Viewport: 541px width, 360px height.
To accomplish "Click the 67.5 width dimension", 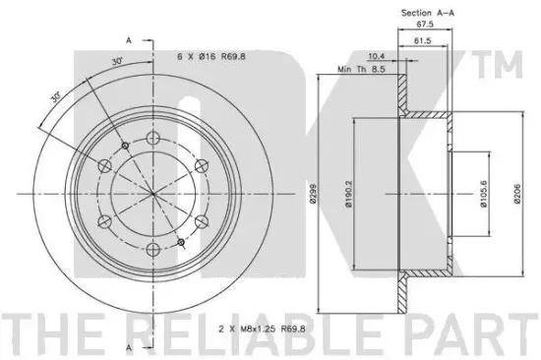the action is [x=425, y=25].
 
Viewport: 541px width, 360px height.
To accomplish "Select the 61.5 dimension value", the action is [x=422, y=40].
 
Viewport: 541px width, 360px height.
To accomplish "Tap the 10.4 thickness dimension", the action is [x=377, y=56].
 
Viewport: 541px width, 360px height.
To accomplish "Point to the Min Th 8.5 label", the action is [x=361, y=69].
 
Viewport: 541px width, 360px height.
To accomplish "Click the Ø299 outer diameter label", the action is [x=313, y=195].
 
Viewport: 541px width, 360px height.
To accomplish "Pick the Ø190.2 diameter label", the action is [x=348, y=195].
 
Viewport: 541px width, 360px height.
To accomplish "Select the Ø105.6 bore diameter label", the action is [x=484, y=195].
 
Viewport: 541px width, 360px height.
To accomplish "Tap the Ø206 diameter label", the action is [x=517, y=195].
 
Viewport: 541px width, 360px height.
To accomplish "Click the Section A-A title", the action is [x=428, y=13].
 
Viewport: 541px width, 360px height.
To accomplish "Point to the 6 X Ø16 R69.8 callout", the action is [x=211, y=56].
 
